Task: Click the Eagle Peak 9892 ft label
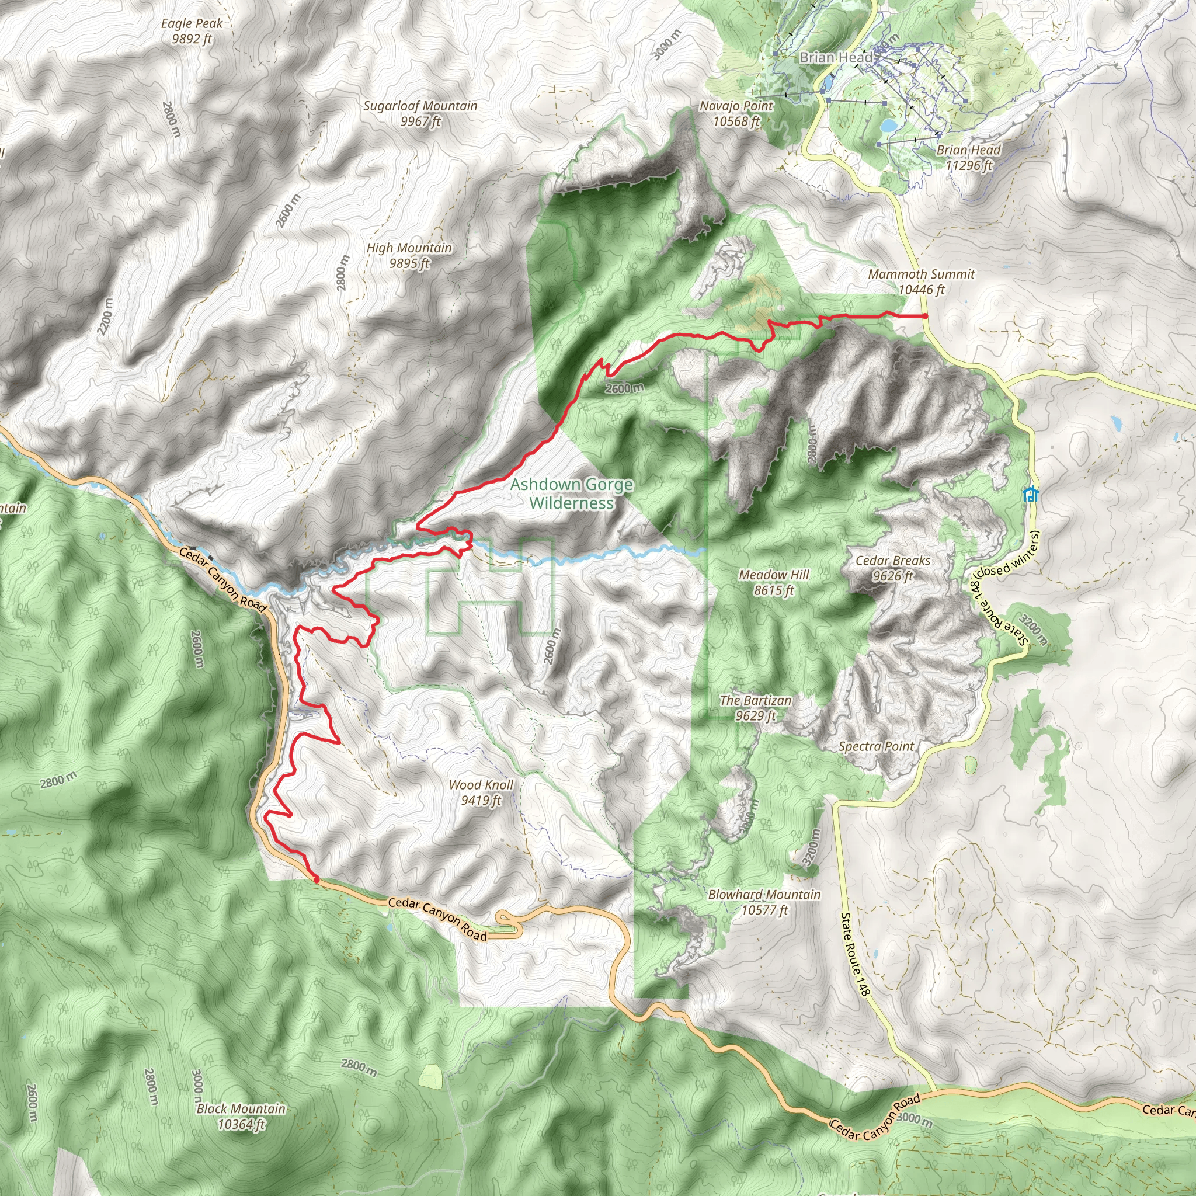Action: pos(192,31)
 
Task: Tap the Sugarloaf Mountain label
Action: pos(420,113)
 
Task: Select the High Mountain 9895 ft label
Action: pos(409,255)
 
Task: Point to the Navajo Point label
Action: pos(736,113)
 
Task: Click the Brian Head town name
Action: pos(836,58)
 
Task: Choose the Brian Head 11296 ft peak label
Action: pos(968,157)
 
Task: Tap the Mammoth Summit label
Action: pos(921,281)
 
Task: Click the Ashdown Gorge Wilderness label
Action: pos(571,493)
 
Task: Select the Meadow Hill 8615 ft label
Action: pos(774,582)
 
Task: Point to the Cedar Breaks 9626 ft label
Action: pos(893,568)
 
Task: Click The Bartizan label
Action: pos(755,708)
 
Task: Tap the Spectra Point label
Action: pos(876,746)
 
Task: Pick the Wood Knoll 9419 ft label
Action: pos(481,792)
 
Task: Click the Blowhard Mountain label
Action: pos(764,902)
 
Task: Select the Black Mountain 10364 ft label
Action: pos(241,1116)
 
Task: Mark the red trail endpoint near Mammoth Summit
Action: pos(925,316)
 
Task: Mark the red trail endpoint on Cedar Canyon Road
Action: pos(317,879)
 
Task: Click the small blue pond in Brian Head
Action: pos(888,126)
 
